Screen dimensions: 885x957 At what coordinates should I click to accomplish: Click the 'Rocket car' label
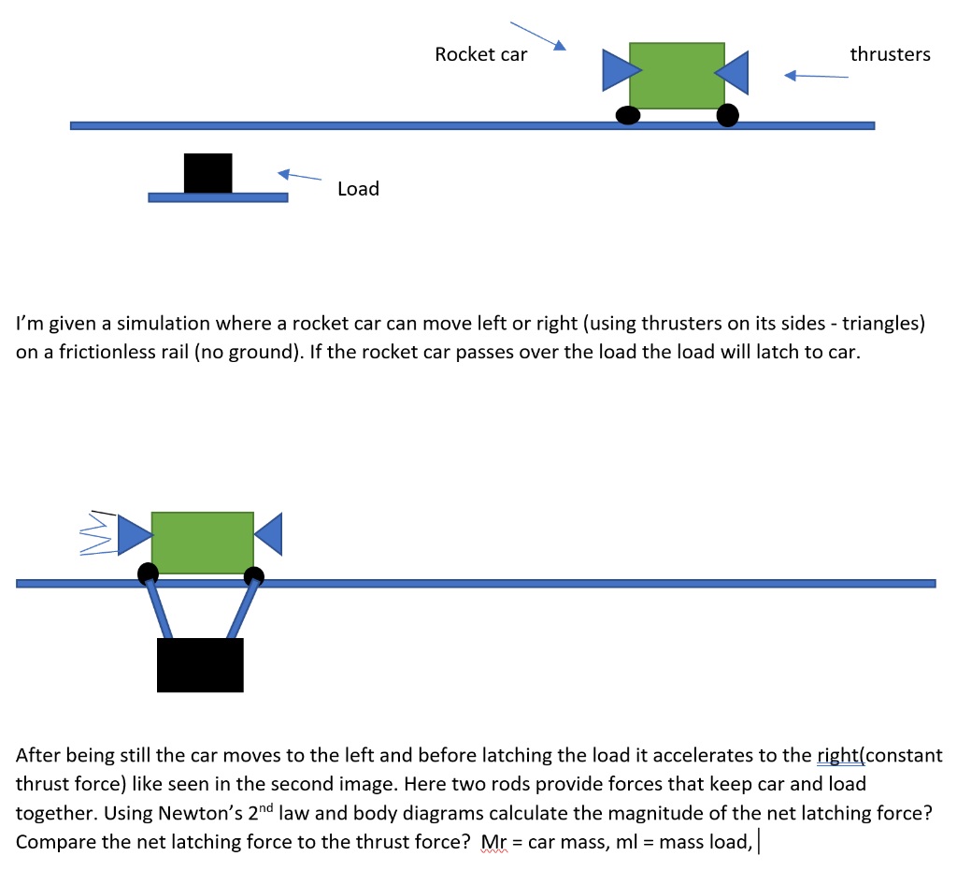pos(480,54)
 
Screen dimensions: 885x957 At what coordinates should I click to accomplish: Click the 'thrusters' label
pos(890,54)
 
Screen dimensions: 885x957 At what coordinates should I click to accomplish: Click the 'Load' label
pos(358,189)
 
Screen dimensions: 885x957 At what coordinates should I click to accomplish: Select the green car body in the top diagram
pos(677,75)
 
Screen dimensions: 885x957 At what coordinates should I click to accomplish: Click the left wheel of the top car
pos(628,115)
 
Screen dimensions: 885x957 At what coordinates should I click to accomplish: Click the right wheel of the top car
pos(727,115)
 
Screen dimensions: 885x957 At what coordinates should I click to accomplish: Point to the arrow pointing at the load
pos(299,175)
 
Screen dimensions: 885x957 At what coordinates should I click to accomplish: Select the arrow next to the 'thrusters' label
pos(816,76)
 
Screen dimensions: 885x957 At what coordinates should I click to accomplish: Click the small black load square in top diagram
pos(207,173)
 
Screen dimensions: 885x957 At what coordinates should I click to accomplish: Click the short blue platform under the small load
pos(218,197)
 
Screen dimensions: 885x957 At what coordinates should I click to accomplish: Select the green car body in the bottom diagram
pos(202,543)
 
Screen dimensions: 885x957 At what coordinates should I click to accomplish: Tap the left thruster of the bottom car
pos(133,533)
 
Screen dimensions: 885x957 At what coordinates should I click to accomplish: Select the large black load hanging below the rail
pos(200,665)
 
